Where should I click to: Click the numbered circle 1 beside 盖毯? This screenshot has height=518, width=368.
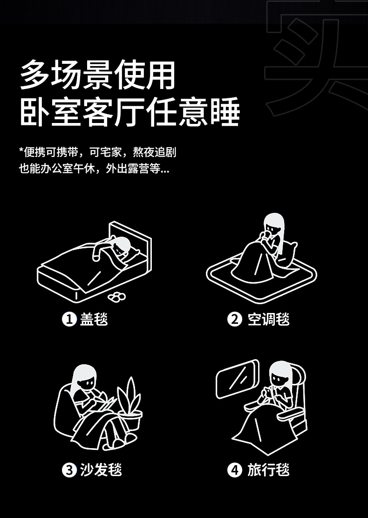(x=69, y=319)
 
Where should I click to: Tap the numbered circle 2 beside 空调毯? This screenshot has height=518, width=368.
(x=235, y=319)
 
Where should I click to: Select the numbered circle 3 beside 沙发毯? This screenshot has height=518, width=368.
(x=69, y=470)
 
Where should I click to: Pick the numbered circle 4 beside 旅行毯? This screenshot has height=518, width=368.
(x=235, y=470)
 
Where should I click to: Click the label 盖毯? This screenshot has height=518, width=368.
(x=94, y=319)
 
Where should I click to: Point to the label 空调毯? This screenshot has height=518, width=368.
(x=269, y=319)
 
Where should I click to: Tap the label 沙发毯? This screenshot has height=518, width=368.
(x=101, y=470)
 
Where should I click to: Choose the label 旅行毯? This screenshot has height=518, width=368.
(x=269, y=470)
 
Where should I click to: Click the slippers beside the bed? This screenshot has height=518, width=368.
(x=117, y=297)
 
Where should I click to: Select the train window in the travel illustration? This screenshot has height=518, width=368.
(x=237, y=379)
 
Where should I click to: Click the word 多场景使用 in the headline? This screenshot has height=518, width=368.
(x=98, y=75)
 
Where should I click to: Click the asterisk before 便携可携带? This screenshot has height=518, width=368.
(x=21, y=150)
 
